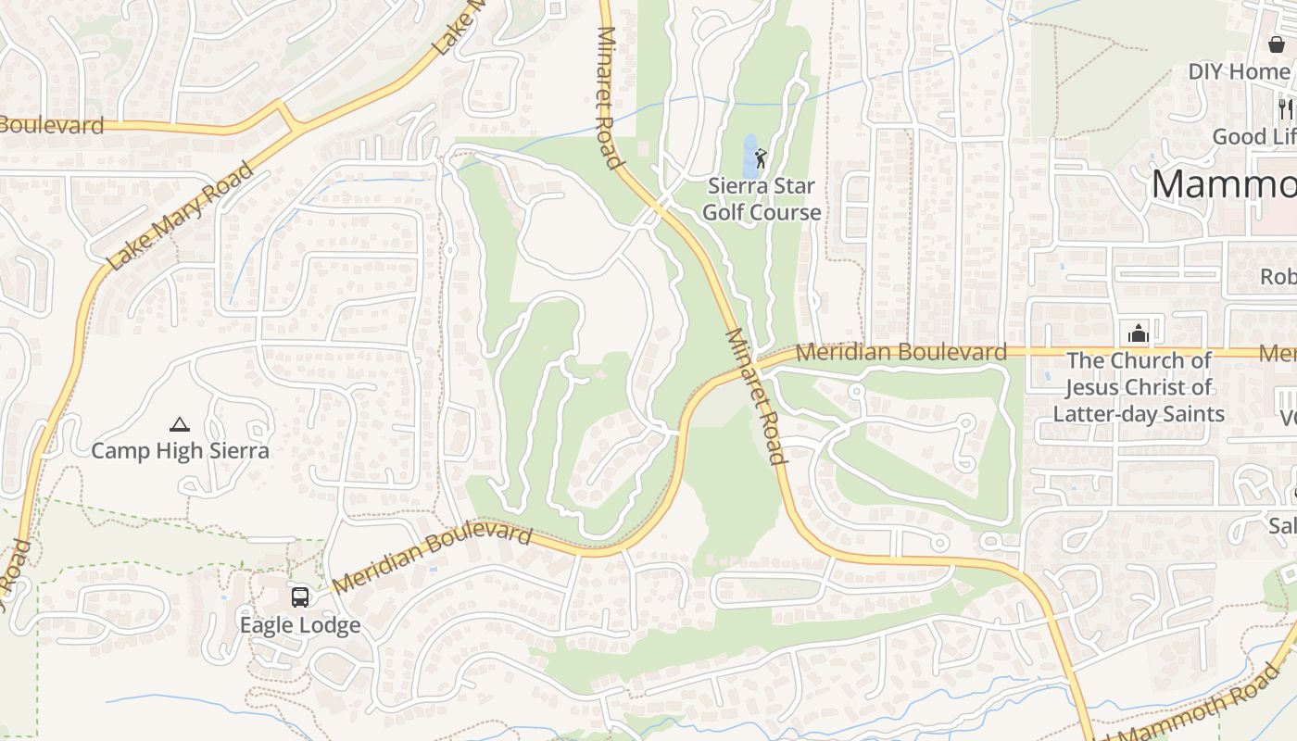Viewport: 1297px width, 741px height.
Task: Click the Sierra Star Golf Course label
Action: [x=762, y=199]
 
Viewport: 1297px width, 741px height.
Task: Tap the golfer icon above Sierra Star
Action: [x=761, y=158]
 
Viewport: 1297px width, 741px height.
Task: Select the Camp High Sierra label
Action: [x=181, y=451]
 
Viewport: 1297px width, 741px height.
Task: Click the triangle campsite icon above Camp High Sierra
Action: [x=180, y=425]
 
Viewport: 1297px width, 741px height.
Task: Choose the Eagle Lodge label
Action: [x=300, y=625]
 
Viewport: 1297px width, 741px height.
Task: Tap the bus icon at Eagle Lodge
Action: [x=300, y=597]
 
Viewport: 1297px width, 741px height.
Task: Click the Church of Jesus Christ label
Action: [x=1139, y=387]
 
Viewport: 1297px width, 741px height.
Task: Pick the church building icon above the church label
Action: [x=1138, y=333]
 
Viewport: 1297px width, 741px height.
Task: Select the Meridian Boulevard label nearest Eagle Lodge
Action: [x=432, y=559]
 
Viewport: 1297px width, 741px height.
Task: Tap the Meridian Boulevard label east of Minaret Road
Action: [x=900, y=352]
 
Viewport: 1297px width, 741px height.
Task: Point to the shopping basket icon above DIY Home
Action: [x=1277, y=44]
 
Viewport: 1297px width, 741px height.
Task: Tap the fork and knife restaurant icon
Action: [x=1286, y=108]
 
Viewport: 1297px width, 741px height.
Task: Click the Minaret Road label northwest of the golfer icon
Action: [x=608, y=97]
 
